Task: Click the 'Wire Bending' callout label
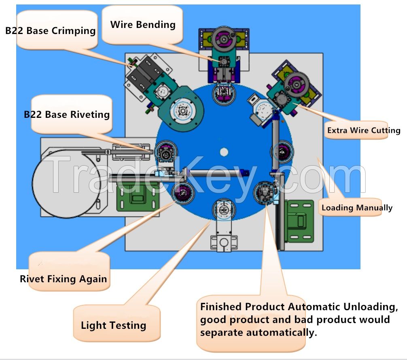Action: pyautogui.click(x=143, y=24)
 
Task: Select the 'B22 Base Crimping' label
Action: pyautogui.click(x=50, y=31)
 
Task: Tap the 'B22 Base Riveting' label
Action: pyautogui.click(x=67, y=114)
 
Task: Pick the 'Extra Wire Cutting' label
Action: pyautogui.click(x=363, y=130)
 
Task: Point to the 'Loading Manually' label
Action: pyautogui.click(x=356, y=208)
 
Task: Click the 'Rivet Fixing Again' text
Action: pyautogui.click(x=64, y=279)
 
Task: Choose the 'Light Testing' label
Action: pyautogui.click(x=113, y=325)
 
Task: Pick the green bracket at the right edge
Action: pyautogui.click(x=299, y=219)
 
